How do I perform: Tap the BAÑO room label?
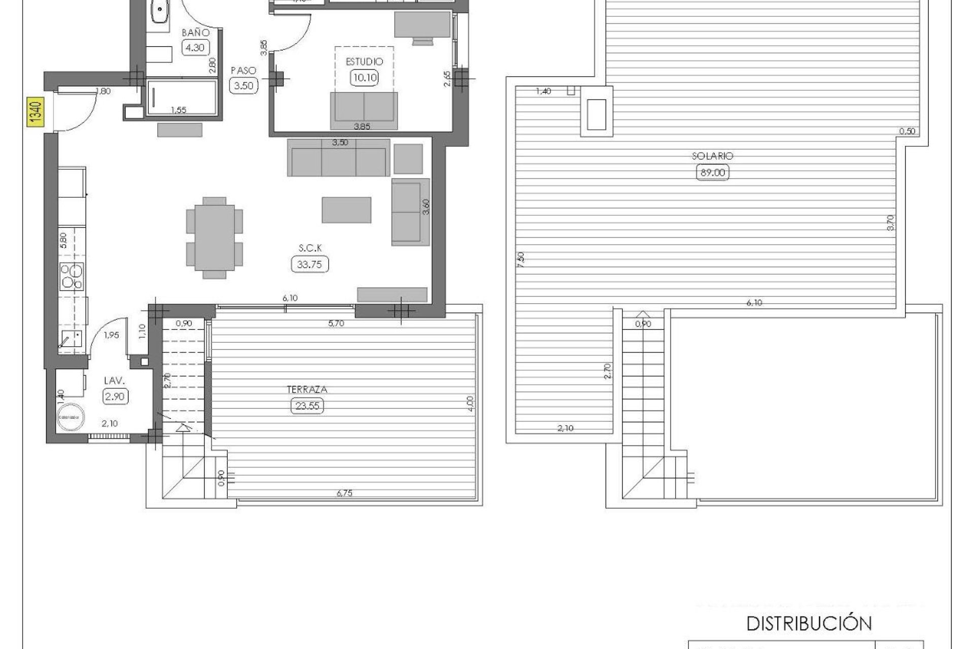click(x=196, y=32)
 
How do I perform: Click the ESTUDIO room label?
click(x=364, y=62)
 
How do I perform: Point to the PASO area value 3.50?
click(x=243, y=86)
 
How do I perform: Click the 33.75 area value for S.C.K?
click(x=310, y=264)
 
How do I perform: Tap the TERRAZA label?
click(x=307, y=390)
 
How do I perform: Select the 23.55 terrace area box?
click(x=307, y=406)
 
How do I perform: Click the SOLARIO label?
click(x=712, y=156)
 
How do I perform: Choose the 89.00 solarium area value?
click(x=713, y=172)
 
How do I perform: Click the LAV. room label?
click(x=115, y=380)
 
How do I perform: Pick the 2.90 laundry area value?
click(x=115, y=396)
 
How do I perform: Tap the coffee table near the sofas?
click(x=346, y=210)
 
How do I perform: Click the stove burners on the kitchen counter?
click(x=72, y=277)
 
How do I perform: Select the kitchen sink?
click(x=71, y=338)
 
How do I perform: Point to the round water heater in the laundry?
click(x=71, y=417)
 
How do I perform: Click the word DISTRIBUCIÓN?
click(x=809, y=623)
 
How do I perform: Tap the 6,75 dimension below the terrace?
click(x=344, y=493)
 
